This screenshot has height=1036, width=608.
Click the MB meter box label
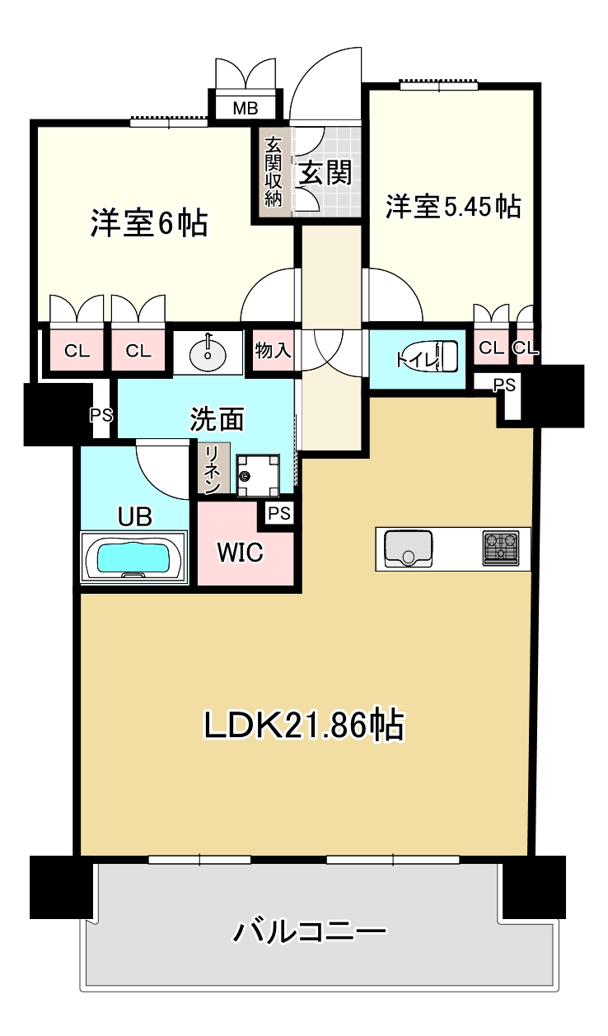pyautogui.click(x=246, y=109)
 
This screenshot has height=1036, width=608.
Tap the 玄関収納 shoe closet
pyautogui.click(x=274, y=172)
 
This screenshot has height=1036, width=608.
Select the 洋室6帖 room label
pyautogui.click(x=149, y=223)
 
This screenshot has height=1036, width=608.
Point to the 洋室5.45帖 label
pyautogui.click(x=453, y=206)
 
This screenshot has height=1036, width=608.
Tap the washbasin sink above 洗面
pyautogui.click(x=208, y=352)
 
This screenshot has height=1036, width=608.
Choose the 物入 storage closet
pyautogui.click(x=273, y=350)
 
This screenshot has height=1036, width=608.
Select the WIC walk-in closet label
pyautogui.click(x=240, y=552)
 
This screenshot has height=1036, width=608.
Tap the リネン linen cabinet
pyautogui.click(x=213, y=468)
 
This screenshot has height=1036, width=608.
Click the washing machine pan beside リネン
pyautogui.click(x=258, y=475)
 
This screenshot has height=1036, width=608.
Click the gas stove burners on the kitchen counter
pyautogui.click(x=501, y=548)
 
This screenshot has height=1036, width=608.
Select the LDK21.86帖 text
pyautogui.click(x=304, y=724)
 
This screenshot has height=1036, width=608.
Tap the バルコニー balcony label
pyautogui.click(x=309, y=931)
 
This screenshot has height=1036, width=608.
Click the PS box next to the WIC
pyautogui.click(x=279, y=513)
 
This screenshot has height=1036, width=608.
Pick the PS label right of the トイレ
pyautogui.click(x=504, y=385)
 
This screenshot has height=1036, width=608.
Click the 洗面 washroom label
pyautogui.click(x=217, y=419)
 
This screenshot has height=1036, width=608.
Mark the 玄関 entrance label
pyautogui.click(x=325, y=173)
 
